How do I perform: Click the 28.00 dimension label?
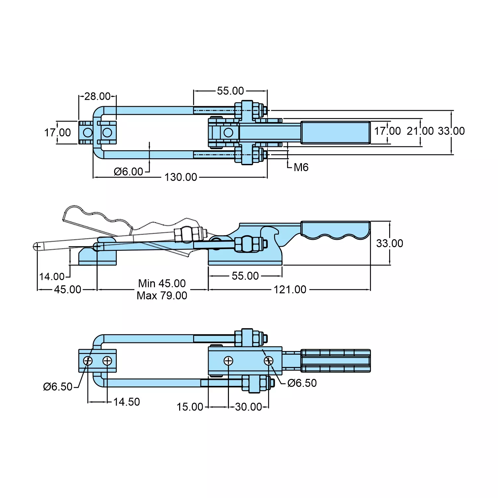tap(97, 96)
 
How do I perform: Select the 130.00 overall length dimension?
tap(181, 177)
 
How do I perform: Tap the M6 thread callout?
tap(301, 167)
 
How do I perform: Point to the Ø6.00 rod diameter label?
tap(128, 172)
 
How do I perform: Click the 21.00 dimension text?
tap(420, 131)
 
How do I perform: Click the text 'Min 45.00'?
tap(162, 283)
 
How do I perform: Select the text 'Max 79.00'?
tap(162, 295)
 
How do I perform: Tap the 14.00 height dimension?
tap(52, 276)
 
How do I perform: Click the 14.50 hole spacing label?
tap(126, 402)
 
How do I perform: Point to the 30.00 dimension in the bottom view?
tap(248, 407)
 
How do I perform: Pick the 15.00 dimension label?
tap(190, 407)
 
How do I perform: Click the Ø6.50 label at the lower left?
tap(58, 387)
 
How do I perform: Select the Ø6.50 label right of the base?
tap(302, 383)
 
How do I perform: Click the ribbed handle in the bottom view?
tap(335, 361)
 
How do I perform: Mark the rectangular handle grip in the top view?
tap(335, 133)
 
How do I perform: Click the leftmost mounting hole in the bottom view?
tap(88, 361)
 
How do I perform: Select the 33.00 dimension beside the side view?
tap(390, 243)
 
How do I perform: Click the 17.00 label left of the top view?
tap(58, 133)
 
